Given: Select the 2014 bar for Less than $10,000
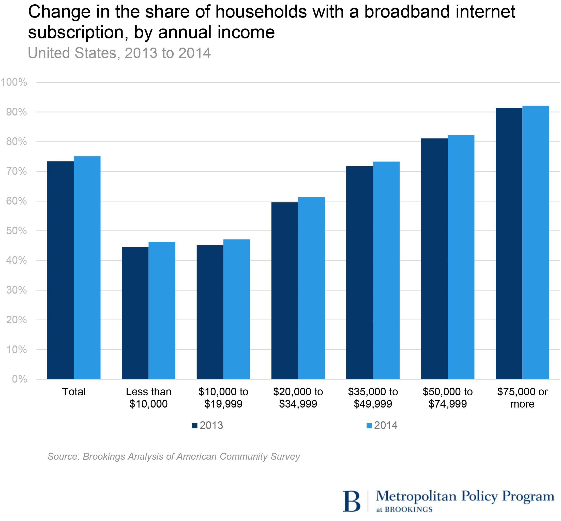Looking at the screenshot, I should point(162,310).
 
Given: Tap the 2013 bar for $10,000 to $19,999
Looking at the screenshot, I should point(210,312).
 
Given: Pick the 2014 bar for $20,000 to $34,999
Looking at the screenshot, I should point(311,288).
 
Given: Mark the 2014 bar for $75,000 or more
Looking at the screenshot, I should point(535,242).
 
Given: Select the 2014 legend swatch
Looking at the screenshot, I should point(369,425).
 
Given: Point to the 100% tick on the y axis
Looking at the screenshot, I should point(14,82).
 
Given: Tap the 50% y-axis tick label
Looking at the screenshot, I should point(16,231).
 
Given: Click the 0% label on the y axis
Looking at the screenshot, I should point(19,379).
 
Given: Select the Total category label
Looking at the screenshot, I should point(74,392).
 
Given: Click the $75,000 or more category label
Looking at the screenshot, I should point(522,398).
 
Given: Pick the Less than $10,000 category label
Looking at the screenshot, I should point(148,398).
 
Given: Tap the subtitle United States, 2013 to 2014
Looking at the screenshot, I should point(119,53).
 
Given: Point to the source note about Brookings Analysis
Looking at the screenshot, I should point(173,456).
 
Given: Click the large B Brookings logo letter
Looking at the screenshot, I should point(351,501).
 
